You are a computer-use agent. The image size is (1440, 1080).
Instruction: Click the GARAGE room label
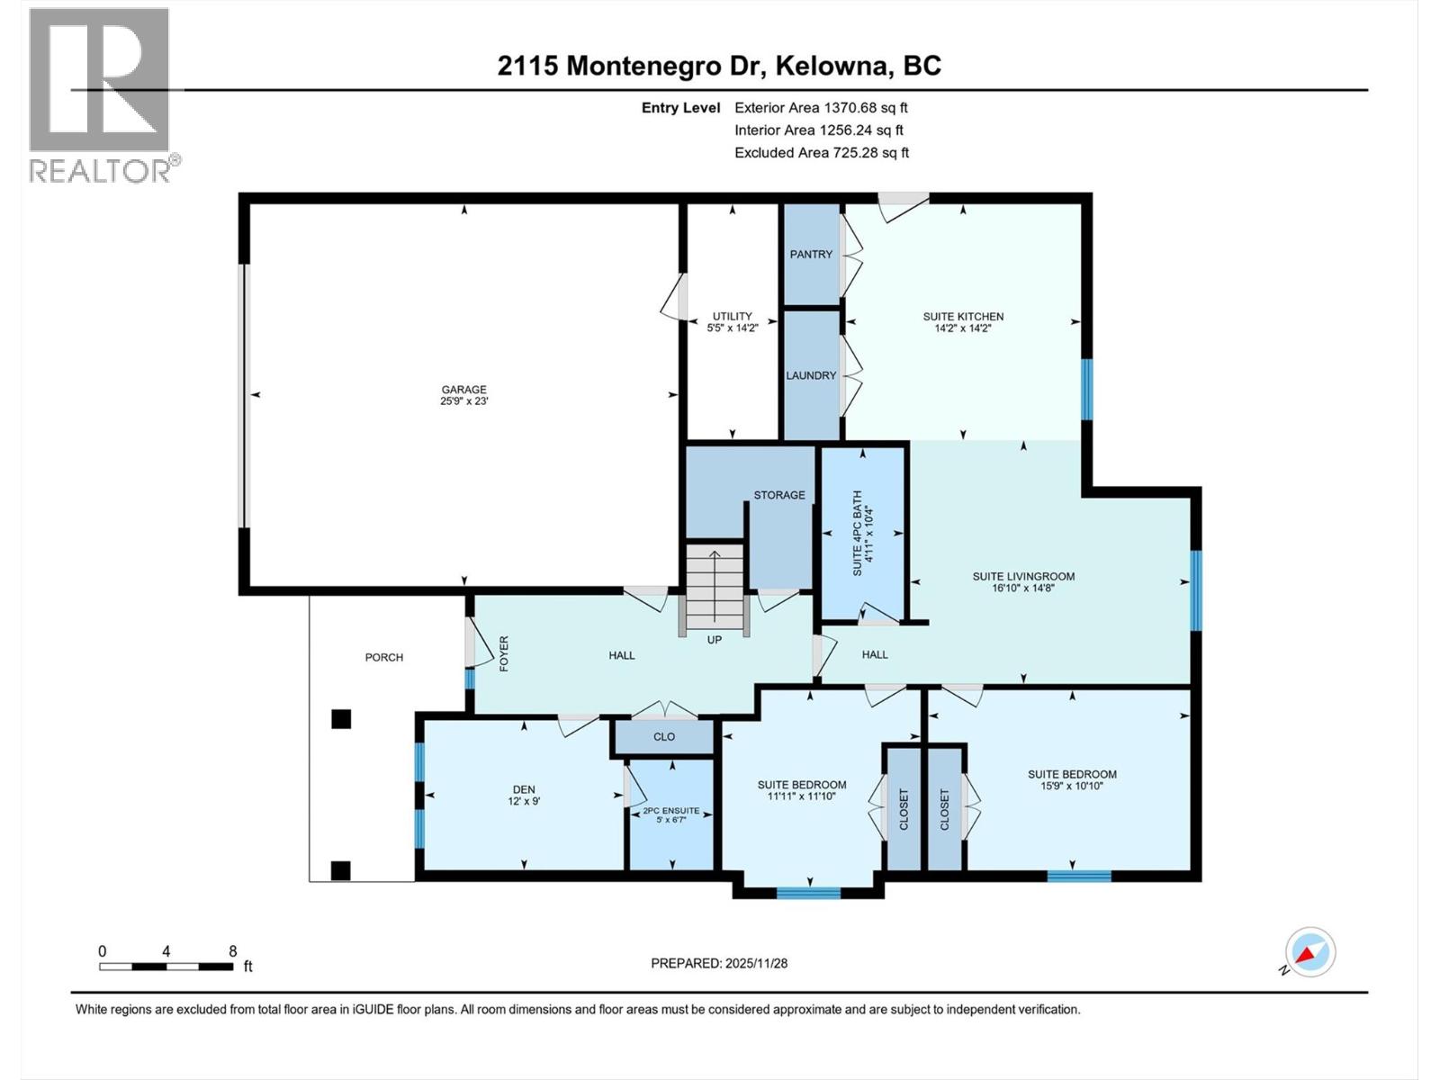[463, 390]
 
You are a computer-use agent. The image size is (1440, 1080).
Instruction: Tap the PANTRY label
[811, 255]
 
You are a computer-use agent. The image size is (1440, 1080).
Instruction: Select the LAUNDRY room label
[811, 375]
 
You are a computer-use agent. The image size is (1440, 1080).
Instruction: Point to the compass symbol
[1310, 952]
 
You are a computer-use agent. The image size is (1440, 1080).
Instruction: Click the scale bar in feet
[166, 967]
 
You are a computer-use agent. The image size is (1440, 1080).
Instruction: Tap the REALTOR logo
[101, 95]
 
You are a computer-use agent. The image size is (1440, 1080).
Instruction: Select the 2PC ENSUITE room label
[670, 811]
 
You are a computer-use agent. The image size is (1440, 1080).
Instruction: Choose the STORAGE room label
[779, 495]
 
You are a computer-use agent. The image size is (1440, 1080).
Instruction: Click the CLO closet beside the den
[664, 736]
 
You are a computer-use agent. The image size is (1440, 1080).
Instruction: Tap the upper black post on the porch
[340, 719]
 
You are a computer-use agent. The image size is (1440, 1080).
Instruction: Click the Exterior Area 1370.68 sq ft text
[821, 107]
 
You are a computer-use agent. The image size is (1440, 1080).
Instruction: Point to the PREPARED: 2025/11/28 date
[719, 963]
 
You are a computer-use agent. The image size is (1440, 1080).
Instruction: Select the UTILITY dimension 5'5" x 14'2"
[733, 328]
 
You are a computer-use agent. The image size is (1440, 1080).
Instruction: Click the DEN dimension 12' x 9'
[524, 801]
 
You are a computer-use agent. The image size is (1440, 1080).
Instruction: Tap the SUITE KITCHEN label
[963, 316]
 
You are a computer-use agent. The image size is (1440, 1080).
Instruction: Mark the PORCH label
[384, 657]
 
